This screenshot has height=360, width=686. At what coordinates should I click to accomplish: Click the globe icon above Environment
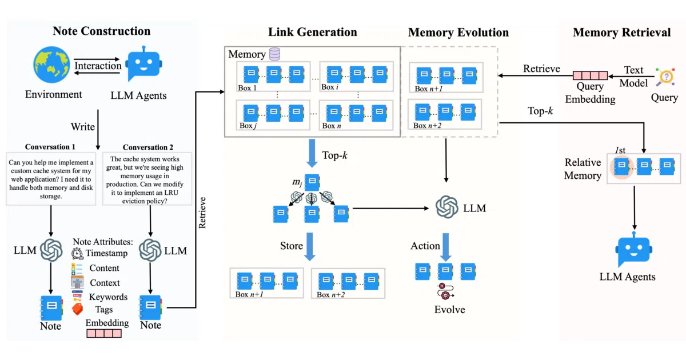pyautogui.click(x=51, y=65)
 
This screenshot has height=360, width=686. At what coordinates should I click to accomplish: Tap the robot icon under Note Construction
pyautogui.click(x=144, y=63)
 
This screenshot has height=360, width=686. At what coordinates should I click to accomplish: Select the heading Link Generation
pyautogui.click(x=312, y=32)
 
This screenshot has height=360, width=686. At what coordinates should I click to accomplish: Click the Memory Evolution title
pyautogui.click(x=458, y=32)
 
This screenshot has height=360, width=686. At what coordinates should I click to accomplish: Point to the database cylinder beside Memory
pyautogui.click(x=274, y=54)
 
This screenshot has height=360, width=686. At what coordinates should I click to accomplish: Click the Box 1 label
pyautogui.click(x=247, y=88)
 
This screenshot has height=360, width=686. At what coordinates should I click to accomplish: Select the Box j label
pyautogui.click(x=248, y=126)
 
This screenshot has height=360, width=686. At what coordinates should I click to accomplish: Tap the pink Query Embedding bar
pyautogui.click(x=590, y=75)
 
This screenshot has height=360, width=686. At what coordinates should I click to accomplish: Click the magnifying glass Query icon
pyautogui.click(x=665, y=77)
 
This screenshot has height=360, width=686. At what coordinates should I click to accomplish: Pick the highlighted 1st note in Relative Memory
pyautogui.click(x=622, y=167)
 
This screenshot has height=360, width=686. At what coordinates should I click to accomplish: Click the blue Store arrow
pyautogui.click(x=310, y=247)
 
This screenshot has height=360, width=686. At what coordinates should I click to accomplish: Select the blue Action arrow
pyautogui.click(x=446, y=247)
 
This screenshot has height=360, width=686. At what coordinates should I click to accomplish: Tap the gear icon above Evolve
pyautogui.click(x=445, y=291)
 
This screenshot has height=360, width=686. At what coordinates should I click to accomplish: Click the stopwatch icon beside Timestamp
pyautogui.click(x=77, y=254)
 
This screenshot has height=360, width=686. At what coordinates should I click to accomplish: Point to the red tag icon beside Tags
pyautogui.click(x=78, y=309)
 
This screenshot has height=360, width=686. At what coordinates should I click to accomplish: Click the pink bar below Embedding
pyautogui.click(x=104, y=333)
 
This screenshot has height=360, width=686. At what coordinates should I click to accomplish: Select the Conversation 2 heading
pyautogui.click(x=148, y=147)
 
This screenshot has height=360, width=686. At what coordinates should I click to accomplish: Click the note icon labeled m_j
pyautogui.click(x=312, y=182)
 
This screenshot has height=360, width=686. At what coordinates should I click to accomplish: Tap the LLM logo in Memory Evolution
pyautogui.click(x=447, y=207)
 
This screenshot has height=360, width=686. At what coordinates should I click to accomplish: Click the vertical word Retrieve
pyautogui.click(x=202, y=213)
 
